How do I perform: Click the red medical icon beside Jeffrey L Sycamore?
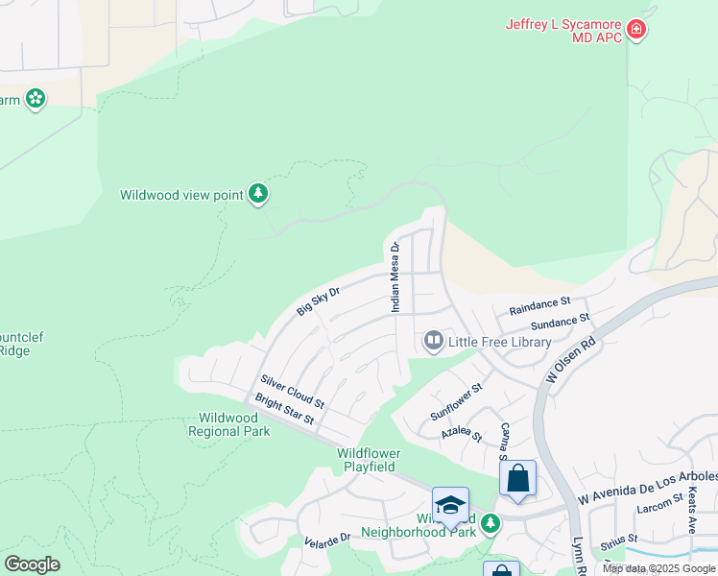point(635,31)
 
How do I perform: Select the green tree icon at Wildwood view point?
point(257,194)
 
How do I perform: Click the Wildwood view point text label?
point(181,195)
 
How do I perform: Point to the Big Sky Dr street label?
point(319,300)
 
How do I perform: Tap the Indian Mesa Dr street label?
point(395,276)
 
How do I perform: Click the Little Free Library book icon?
point(433,342)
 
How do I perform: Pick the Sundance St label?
point(560,322)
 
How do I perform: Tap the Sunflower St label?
point(456,400)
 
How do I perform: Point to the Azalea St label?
point(462,433)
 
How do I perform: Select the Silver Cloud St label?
point(292,391)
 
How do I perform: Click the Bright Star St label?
point(283,408)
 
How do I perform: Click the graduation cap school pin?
point(450,505)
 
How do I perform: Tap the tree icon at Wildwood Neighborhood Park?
point(491,523)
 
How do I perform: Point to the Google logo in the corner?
point(32,564)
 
